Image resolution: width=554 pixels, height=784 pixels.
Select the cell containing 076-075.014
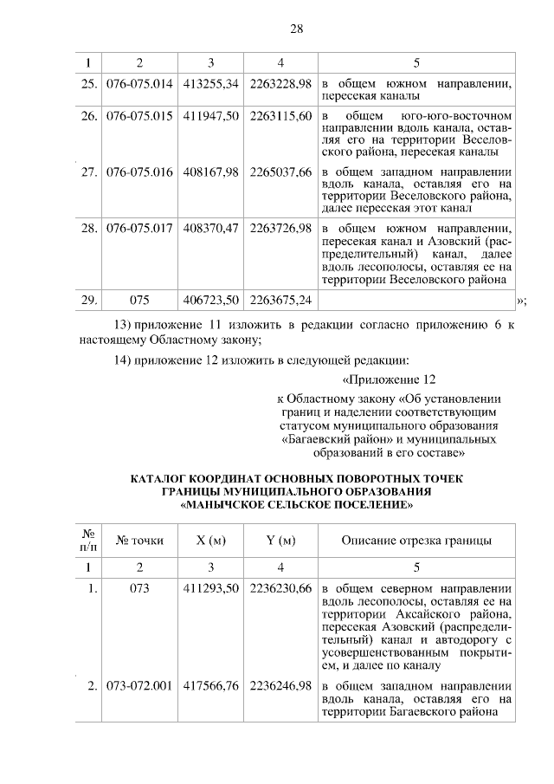tap(139, 84)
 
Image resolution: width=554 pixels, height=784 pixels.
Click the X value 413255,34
tap(211, 84)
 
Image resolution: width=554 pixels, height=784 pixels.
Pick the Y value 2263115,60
tap(280, 116)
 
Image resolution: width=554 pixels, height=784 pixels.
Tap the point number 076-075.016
tap(139, 172)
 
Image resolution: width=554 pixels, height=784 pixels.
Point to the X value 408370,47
tap(211, 228)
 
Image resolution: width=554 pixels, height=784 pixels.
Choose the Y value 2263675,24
tap(280, 301)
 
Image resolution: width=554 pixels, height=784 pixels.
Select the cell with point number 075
tap(139, 301)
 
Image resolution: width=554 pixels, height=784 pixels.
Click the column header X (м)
tap(211, 541)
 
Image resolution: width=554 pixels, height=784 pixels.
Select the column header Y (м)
tap(280, 541)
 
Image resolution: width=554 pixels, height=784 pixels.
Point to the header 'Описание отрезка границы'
tap(416, 541)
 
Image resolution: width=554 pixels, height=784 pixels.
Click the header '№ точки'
tap(139, 541)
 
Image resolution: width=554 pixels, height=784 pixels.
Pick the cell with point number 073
tap(139, 588)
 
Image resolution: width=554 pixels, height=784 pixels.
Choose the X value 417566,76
tap(211, 687)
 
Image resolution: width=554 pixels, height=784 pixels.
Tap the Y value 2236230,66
tap(280, 588)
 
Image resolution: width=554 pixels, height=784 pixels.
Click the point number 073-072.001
tap(139, 687)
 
